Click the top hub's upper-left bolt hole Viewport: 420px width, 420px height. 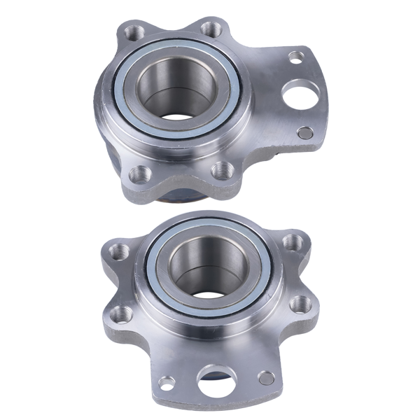tap(130, 31)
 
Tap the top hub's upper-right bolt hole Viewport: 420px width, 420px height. tap(210, 28)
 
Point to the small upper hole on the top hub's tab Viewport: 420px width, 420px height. tap(297, 55)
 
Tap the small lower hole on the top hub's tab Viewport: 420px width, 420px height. tap(305, 132)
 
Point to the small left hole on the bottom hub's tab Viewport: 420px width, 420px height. tap(167, 382)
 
